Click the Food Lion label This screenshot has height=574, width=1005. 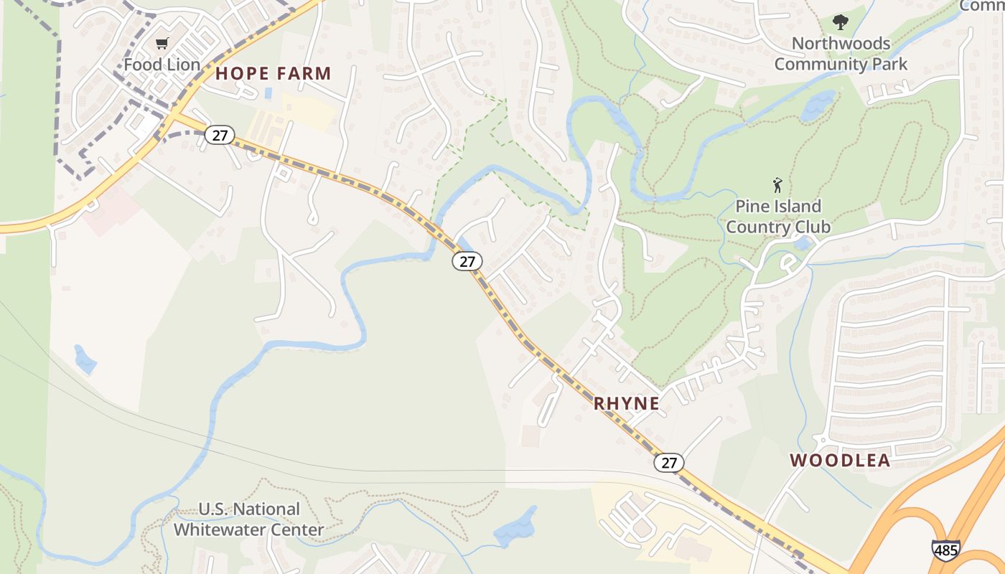point(162,64)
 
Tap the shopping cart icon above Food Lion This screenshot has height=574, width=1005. point(162,44)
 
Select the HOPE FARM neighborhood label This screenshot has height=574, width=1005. point(274,73)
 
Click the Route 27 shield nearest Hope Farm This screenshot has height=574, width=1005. point(219,134)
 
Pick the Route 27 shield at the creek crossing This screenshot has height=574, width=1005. point(467,261)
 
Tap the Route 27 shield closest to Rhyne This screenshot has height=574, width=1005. point(668,463)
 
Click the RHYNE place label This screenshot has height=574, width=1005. point(626,403)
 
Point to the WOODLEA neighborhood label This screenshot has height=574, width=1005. point(840,461)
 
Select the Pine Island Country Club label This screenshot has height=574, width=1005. point(777,217)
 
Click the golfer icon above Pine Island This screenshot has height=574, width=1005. point(777,185)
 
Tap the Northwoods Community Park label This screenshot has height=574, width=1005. point(841,54)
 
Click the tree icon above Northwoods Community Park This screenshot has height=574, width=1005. point(840,22)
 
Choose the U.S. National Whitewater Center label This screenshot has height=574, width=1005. point(248,519)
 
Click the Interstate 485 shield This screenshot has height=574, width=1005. point(945,550)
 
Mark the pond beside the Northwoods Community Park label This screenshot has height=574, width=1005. point(818,106)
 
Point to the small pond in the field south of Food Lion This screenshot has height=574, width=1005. point(85,359)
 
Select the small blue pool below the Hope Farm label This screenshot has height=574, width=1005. point(268,93)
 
